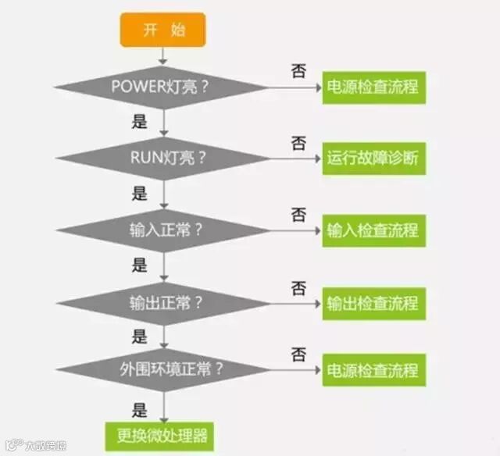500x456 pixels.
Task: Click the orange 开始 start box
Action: tap(162, 30)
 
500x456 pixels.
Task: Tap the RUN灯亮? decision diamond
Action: tap(163, 158)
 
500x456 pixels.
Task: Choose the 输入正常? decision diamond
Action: tap(163, 230)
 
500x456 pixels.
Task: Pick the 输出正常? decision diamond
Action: tap(163, 301)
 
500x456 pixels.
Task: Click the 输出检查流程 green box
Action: tap(373, 302)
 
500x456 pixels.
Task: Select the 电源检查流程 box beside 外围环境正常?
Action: tap(373, 369)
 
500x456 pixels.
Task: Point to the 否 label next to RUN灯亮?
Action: tap(298, 142)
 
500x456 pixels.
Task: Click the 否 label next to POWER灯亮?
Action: tap(298, 70)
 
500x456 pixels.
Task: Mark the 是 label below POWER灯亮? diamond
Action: tap(141, 121)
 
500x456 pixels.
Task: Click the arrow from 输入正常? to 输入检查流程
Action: tap(293, 230)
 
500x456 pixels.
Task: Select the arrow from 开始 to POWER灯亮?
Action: tap(163, 55)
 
